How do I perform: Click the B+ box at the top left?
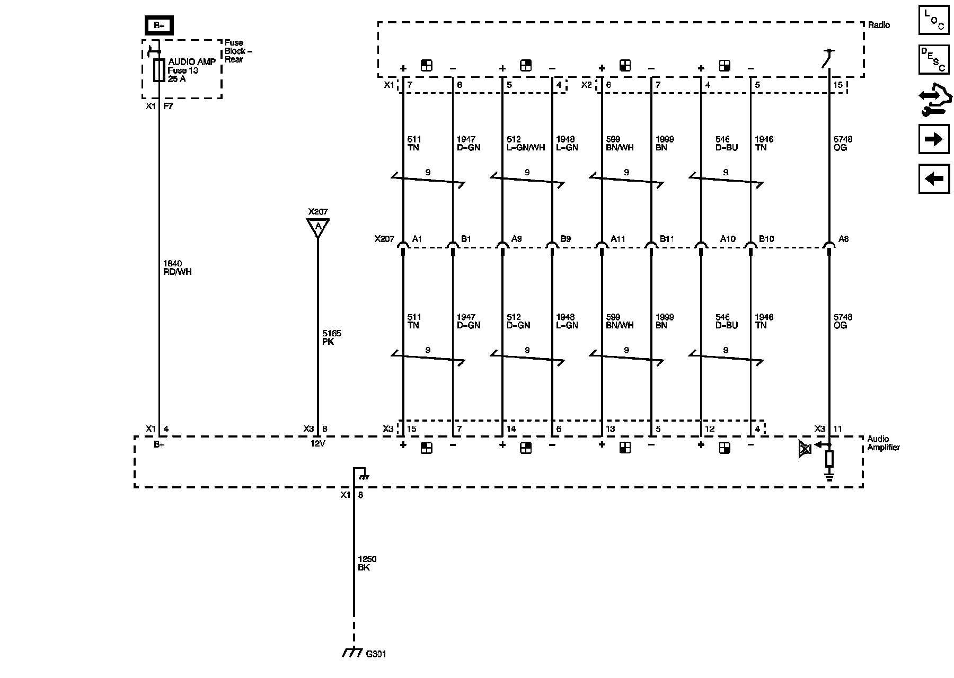(159, 25)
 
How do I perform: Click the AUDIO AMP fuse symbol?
(158, 70)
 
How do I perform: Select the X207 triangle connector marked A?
(318, 227)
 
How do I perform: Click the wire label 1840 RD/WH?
(178, 267)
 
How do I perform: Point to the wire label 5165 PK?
(332, 337)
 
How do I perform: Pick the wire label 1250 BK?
(367, 563)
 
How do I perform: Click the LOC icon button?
(934, 20)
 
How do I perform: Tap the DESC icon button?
(934, 59)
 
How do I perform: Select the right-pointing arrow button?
(934, 139)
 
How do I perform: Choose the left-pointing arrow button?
(934, 179)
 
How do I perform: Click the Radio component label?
(879, 25)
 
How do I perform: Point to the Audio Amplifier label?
(883, 443)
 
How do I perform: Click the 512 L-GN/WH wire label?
(525, 144)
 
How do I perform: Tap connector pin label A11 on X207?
(618, 239)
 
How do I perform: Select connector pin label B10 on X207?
(766, 239)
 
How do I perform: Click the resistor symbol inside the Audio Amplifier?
(829, 459)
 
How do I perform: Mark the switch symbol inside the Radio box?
(828, 58)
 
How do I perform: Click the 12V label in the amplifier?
(317, 444)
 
